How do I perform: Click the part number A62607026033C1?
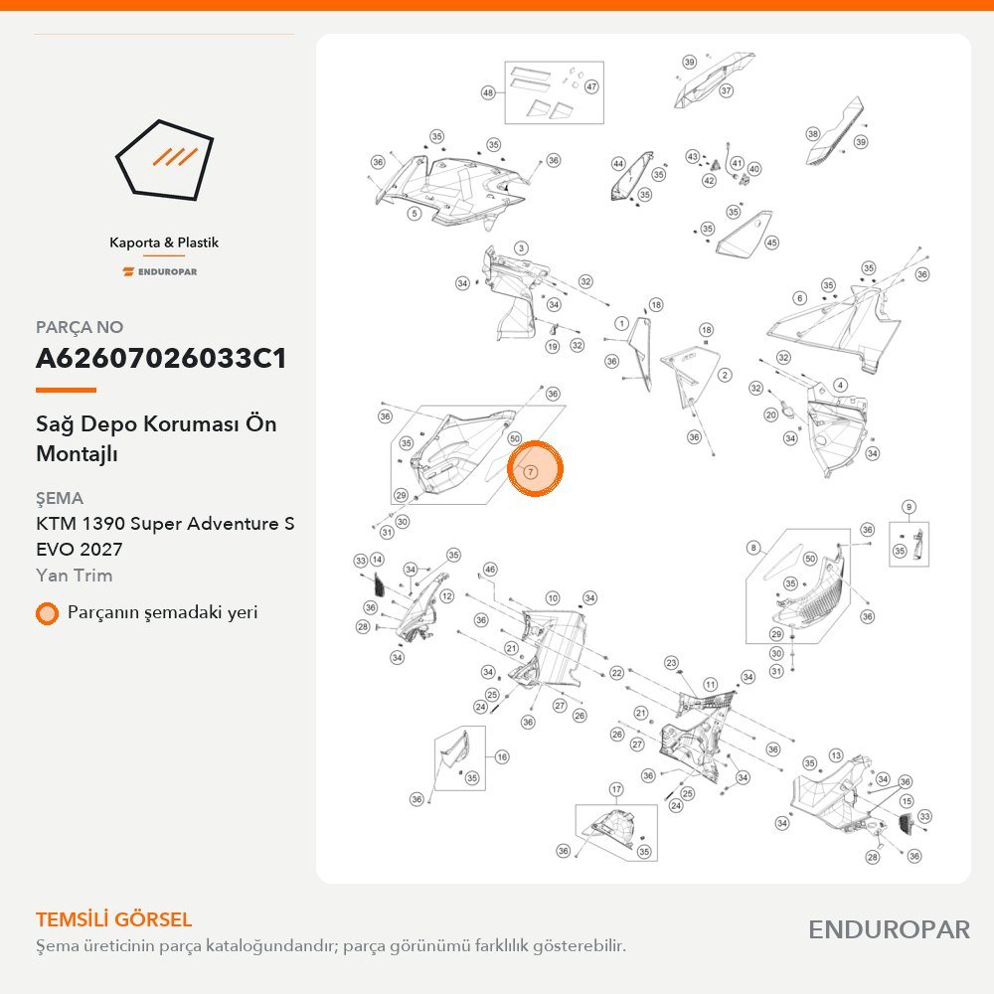[x=161, y=358]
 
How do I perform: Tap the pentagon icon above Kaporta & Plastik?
[x=164, y=160]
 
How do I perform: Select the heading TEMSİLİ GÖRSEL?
[x=113, y=919]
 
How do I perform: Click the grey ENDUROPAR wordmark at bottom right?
[x=889, y=929]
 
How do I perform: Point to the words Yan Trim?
[x=75, y=575]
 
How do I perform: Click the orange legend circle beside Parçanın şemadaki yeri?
[x=47, y=613]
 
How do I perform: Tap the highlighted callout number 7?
[x=531, y=471]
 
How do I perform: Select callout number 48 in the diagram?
[x=487, y=92]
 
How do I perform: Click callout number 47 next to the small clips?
[x=591, y=86]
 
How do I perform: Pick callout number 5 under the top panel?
[x=414, y=213]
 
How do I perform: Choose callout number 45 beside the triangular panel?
[x=771, y=243]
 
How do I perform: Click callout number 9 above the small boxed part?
[x=910, y=507]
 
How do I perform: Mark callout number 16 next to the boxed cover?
[x=502, y=756]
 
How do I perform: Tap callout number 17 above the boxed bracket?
[x=616, y=789]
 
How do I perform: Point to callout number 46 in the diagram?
[x=490, y=570]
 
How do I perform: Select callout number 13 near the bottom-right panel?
[x=836, y=755]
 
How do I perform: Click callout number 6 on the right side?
[x=799, y=298]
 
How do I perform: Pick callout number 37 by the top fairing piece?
[x=726, y=90]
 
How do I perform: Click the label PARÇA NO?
[x=80, y=327]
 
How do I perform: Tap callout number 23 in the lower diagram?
[x=671, y=663]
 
